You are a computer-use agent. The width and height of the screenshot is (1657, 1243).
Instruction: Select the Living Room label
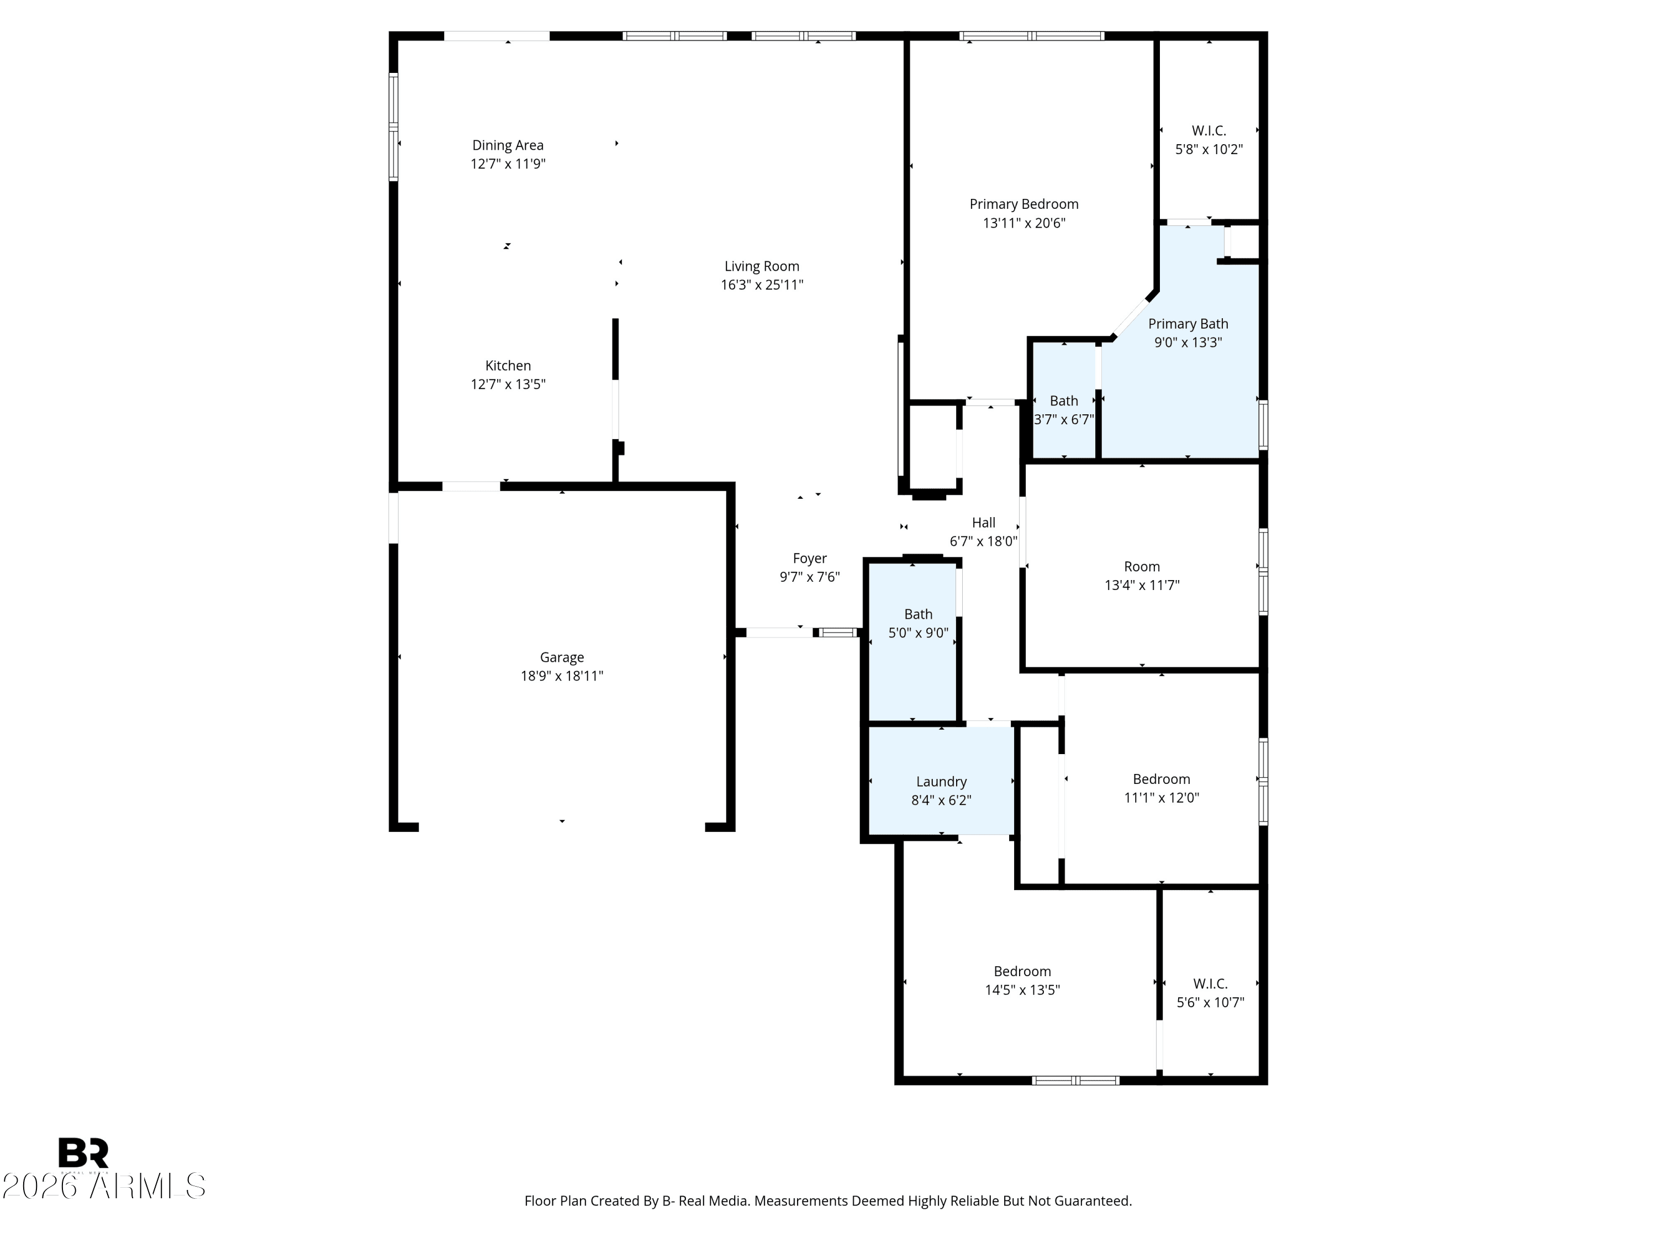click(761, 266)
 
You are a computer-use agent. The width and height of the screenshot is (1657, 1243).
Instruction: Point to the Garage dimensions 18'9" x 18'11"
click(561, 676)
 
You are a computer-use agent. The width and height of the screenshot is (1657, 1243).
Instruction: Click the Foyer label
click(809, 558)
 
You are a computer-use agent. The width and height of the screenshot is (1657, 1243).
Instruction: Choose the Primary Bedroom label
click(1023, 204)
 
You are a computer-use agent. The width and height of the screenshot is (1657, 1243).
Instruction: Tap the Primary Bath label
click(1188, 324)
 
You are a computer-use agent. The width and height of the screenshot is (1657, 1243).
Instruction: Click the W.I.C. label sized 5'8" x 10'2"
click(1209, 130)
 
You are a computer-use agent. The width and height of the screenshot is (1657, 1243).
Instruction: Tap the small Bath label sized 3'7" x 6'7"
click(1063, 401)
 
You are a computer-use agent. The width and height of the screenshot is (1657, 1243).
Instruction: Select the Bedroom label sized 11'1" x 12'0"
click(1160, 779)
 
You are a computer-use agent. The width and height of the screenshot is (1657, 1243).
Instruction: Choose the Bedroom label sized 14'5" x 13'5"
click(1022, 971)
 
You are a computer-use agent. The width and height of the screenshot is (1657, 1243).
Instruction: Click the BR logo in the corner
click(84, 1152)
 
